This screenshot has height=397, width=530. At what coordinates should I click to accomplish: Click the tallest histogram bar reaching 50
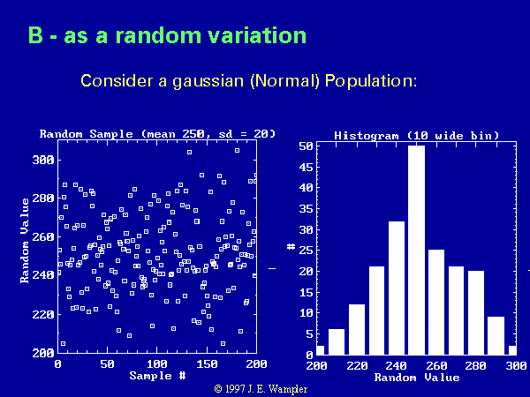tap(416, 251)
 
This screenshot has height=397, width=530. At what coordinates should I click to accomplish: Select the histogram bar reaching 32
tap(397, 288)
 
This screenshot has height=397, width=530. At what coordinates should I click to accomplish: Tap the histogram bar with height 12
tap(357, 329)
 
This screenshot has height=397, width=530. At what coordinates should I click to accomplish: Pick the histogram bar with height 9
tap(496, 335)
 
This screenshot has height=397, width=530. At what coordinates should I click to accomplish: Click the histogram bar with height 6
tap(337, 342)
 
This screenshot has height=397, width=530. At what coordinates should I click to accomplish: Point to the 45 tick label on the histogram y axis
tap(307, 167)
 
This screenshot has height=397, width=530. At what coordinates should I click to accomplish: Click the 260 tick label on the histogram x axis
tap(436, 365)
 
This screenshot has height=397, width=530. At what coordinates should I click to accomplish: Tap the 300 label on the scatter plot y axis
tap(43, 160)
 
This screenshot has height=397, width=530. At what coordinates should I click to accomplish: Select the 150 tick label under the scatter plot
tap(207, 363)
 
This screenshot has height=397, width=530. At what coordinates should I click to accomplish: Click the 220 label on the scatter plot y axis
tap(43, 314)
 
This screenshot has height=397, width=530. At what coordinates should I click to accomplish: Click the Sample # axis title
tap(157, 376)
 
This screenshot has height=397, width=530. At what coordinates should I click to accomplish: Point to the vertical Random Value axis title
tap(25, 240)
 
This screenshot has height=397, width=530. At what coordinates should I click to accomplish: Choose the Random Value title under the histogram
tap(417, 378)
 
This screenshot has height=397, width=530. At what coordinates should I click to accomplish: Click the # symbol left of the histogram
tap(291, 247)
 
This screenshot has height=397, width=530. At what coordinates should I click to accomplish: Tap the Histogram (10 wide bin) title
tap(416, 136)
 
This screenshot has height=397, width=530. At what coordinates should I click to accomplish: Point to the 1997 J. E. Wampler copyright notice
tap(261, 389)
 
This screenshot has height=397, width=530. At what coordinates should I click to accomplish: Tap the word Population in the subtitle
tap(371, 81)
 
